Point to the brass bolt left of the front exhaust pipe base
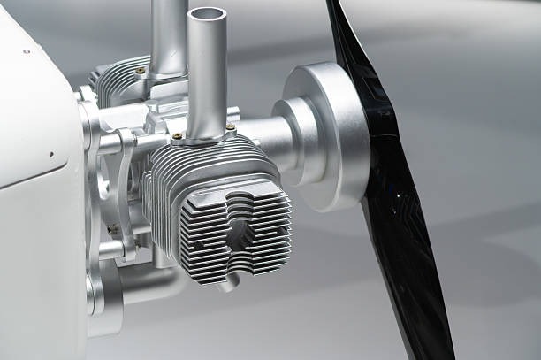pyautogui.click(x=178, y=136)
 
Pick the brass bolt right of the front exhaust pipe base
pyautogui.click(x=231, y=127)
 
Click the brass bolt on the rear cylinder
pyautogui.click(x=141, y=70)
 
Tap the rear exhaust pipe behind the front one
pyautogui.click(x=168, y=35)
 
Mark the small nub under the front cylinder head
pyautogui.click(x=229, y=284)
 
